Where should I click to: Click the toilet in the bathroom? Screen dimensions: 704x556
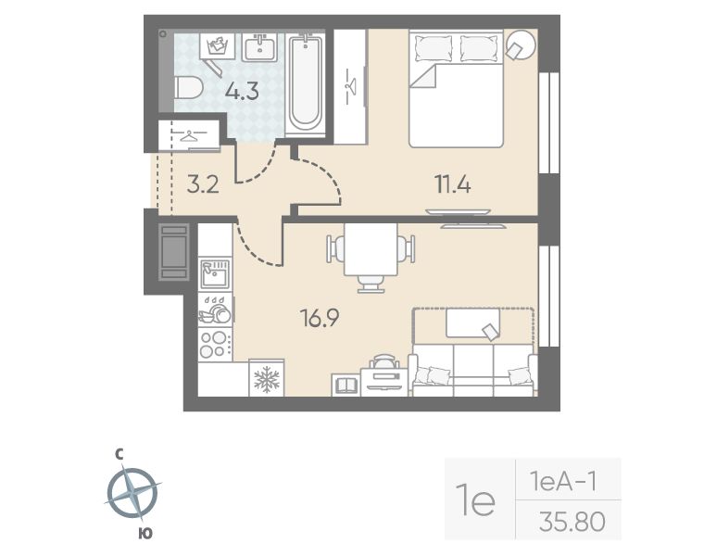pos(189,88)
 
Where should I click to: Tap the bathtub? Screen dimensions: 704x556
pos(306,83)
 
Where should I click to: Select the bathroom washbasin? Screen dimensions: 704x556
pos(260,47)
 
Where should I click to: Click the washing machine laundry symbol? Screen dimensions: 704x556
pos(218,44)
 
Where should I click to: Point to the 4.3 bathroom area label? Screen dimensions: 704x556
pos(242,92)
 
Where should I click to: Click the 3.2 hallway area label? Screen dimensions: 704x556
pos(203,184)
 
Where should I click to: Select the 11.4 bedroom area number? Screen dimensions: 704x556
pos(453,184)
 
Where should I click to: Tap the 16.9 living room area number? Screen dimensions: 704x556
pos(321,319)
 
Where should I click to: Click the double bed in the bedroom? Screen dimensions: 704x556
pos(456,88)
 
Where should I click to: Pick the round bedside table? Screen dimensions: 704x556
pos(521,44)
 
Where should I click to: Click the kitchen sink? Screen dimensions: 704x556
pos(215,274)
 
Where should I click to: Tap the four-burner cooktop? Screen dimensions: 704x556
pos(215,345)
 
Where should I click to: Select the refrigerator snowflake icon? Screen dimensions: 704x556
pos(267,378)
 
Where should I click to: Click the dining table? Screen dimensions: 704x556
pos(371,249)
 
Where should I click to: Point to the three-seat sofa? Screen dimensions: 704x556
pos(473,370)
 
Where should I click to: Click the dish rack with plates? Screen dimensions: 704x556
pos(215,310)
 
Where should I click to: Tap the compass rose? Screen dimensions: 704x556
pos(132,493)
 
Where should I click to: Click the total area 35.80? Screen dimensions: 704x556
pos(572,522)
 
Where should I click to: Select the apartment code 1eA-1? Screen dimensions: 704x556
pos(563,482)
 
